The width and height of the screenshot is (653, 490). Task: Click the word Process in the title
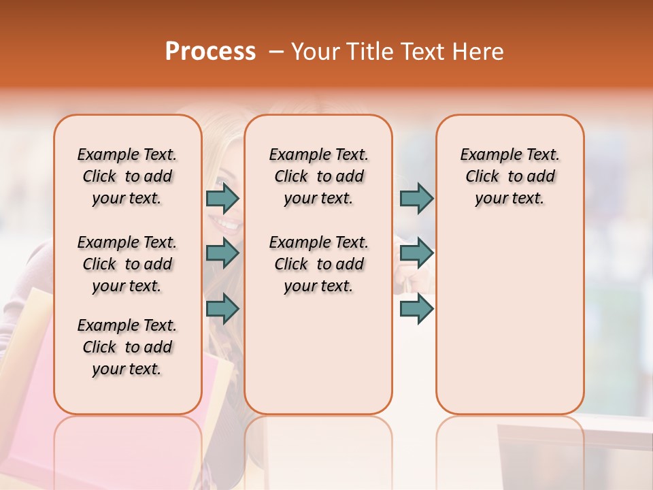pyautogui.click(x=210, y=52)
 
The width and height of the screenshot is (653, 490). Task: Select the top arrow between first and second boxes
pyautogui.click(x=222, y=198)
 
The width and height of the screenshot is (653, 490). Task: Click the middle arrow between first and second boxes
pyautogui.click(x=222, y=253)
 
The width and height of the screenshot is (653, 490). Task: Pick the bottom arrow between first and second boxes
pyautogui.click(x=222, y=308)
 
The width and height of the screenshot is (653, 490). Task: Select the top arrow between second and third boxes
pyautogui.click(x=416, y=198)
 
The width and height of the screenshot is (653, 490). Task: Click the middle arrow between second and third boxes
pyautogui.click(x=416, y=253)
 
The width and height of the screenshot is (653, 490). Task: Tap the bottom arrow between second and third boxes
pyautogui.click(x=416, y=308)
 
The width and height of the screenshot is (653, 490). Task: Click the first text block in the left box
pyautogui.click(x=127, y=176)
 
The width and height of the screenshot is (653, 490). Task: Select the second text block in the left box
pyautogui.click(x=127, y=264)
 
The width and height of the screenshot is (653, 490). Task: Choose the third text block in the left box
pyautogui.click(x=127, y=347)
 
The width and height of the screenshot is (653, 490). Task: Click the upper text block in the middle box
pyautogui.click(x=319, y=176)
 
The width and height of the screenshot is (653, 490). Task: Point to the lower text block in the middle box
pyautogui.click(x=319, y=264)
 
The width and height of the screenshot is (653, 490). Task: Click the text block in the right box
pyautogui.click(x=510, y=176)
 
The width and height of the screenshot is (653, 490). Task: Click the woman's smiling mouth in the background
pyautogui.click(x=229, y=223)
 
